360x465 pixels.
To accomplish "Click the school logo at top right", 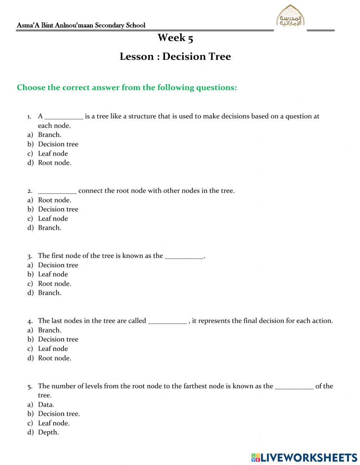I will pyautogui.click(x=290, y=16).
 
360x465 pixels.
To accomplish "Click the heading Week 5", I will pyautogui.click(x=175, y=37).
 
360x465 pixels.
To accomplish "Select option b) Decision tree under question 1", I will pyautogui.click(x=58, y=144).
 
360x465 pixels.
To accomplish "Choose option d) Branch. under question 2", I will pyautogui.click(x=50, y=228).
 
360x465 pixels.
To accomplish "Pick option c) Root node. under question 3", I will pyautogui.click(x=54, y=283).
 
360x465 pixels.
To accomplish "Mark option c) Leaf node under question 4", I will pyautogui.click(x=53, y=349).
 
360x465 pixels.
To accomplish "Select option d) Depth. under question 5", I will pyautogui.click(x=48, y=432).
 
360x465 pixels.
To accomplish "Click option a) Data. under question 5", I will pyautogui.click(x=46, y=404).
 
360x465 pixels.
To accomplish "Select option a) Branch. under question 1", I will pyautogui.click(x=50, y=135).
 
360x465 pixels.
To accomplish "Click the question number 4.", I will pyautogui.click(x=30, y=321).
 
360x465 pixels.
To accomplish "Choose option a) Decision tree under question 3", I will pyautogui.click(x=58, y=265).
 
